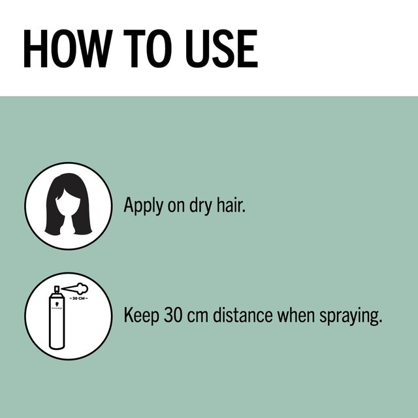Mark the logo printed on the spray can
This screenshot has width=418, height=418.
pos(58,305)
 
